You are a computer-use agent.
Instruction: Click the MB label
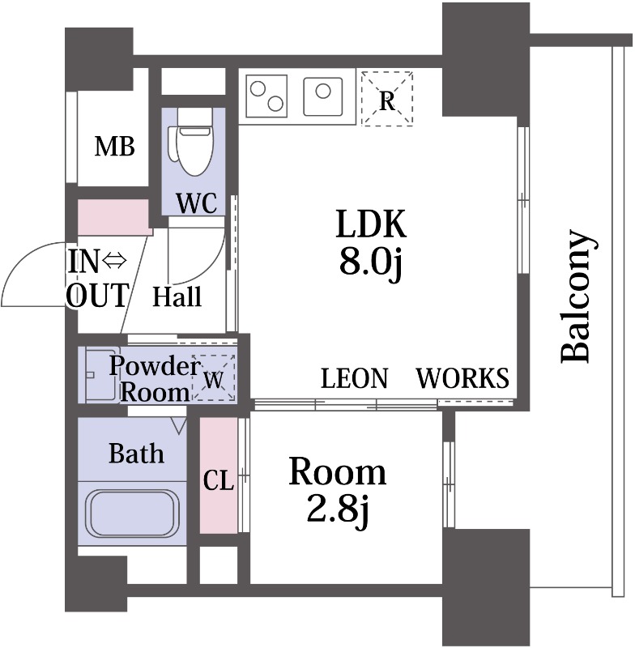click(114, 147)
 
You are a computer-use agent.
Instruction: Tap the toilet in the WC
click(194, 146)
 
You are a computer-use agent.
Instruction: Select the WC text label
click(198, 203)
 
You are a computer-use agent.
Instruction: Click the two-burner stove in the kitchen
click(267, 96)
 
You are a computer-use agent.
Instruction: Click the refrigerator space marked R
click(387, 100)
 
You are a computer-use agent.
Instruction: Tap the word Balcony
click(577, 296)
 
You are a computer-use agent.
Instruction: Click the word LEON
click(355, 378)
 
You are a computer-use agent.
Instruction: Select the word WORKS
click(462, 378)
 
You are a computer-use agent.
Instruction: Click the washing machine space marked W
click(213, 377)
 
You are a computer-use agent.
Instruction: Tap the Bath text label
click(136, 453)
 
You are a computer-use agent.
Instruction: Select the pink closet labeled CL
click(218, 478)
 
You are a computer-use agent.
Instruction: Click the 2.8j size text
click(338, 510)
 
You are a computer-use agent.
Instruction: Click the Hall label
click(177, 296)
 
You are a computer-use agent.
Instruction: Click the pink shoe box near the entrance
click(113, 217)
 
